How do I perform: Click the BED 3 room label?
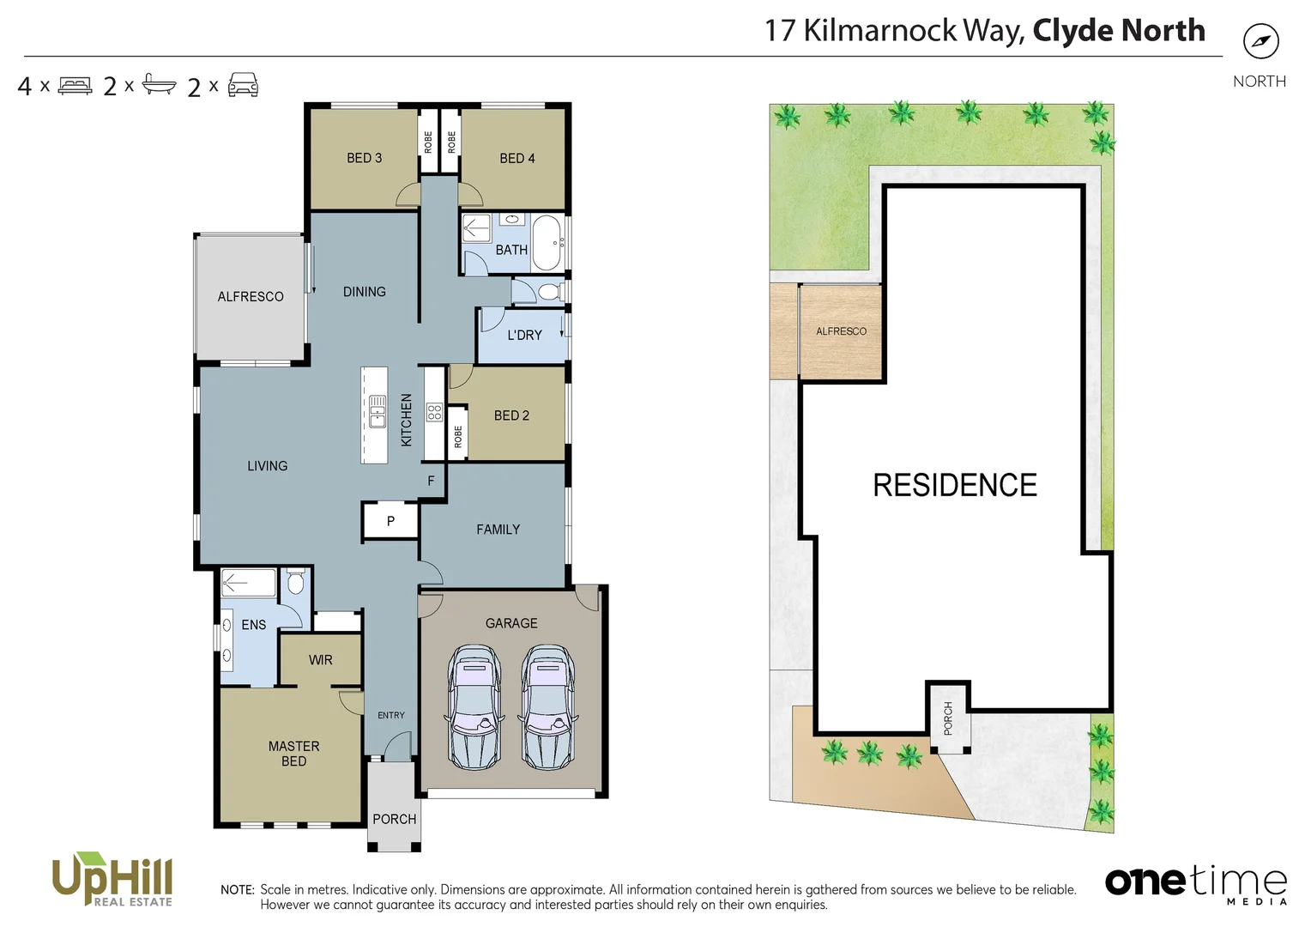(x=364, y=158)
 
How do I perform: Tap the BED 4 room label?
(x=517, y=159)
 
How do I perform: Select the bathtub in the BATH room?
(x=547, y=243)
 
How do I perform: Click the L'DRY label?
(x=524, y=336)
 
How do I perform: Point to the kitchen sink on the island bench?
(x=377, y=412)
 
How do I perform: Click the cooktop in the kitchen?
(x=434, y=412)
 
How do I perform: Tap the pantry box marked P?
(x=390, y=521)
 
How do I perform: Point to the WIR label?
(x=320, y=660)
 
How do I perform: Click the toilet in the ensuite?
(x=295, y=584)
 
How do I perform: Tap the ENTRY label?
(x=390, y=715)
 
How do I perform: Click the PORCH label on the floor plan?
(x=394, y=820)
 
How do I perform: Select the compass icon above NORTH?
(x=1260, y=41)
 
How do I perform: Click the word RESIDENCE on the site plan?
(x=954, y=486)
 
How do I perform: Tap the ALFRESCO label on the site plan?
(x=840, y=331)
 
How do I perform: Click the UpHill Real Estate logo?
(x=112, y=880)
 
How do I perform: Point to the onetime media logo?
(x=1196, y=883)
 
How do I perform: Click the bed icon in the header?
(x=75, y=86)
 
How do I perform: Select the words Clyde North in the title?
(x=1118, y=31)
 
